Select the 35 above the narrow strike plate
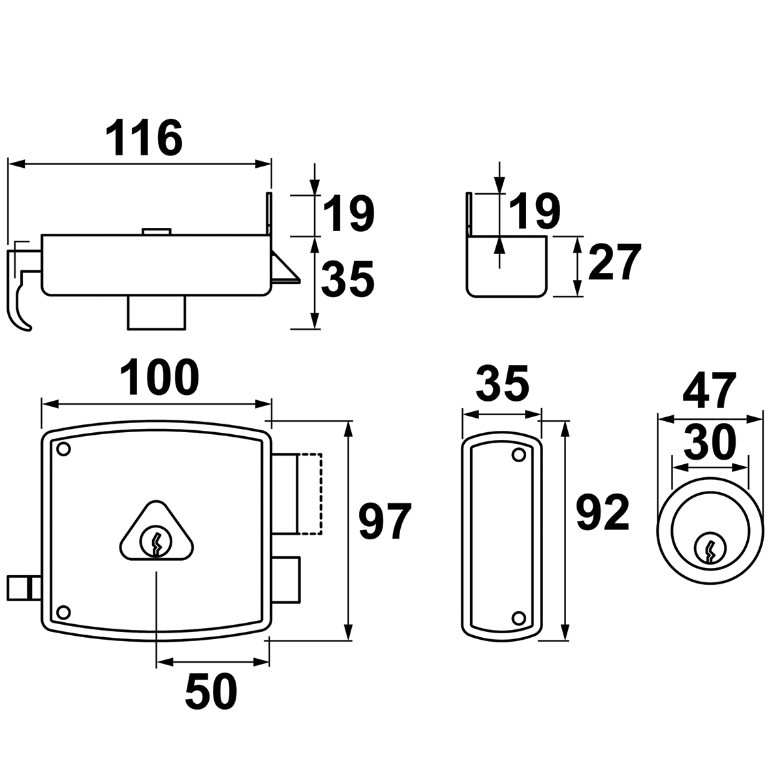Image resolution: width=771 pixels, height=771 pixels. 501,385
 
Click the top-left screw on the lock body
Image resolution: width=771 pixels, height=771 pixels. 63,449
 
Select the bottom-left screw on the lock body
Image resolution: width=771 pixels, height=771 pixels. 63,612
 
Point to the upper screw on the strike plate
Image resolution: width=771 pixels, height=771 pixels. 518,454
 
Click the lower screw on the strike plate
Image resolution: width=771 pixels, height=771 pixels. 518,617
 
